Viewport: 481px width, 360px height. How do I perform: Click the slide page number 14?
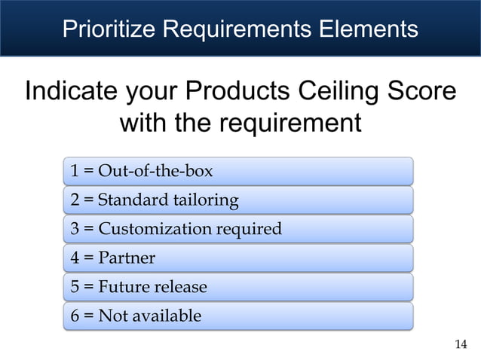(461, 344)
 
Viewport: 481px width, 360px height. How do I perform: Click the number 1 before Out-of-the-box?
(75, 171)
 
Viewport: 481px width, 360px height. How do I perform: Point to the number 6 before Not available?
(75, 316)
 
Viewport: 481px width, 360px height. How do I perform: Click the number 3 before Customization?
(75, 228)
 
